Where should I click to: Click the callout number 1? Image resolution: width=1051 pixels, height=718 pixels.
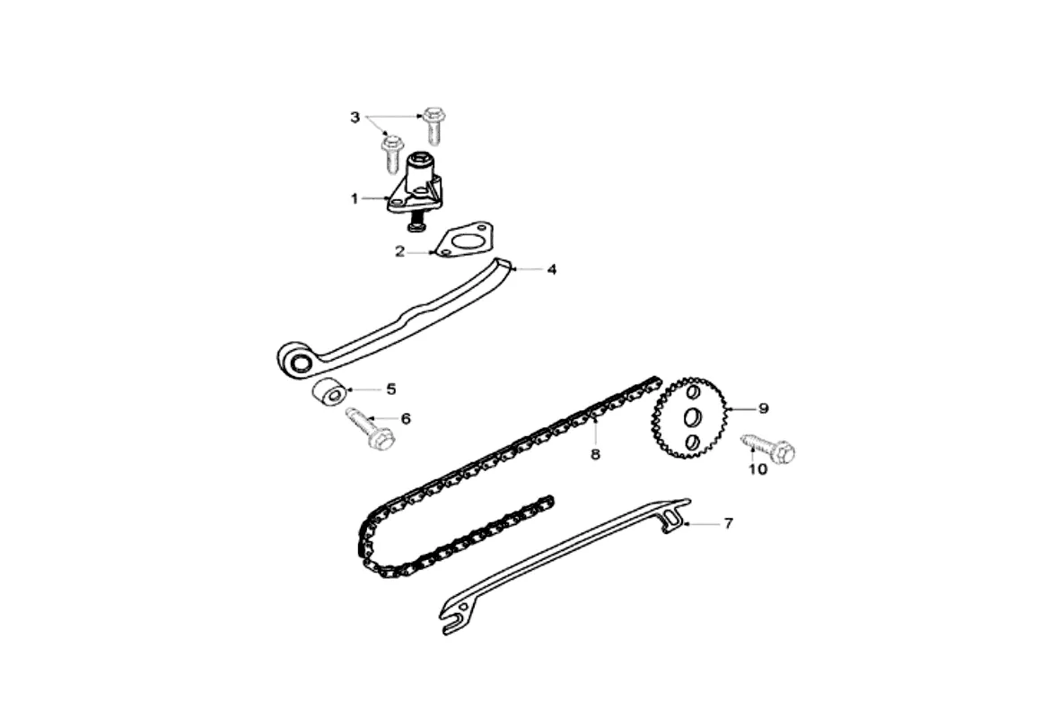[355, 197]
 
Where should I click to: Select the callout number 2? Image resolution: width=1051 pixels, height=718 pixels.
[400, 252]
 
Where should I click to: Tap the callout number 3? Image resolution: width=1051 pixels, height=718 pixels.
[355, 118]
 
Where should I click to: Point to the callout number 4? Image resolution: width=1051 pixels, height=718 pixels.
[552, 269]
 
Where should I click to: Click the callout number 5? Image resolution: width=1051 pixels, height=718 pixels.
[391, 389]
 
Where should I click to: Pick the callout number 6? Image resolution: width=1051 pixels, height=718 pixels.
[406, 418]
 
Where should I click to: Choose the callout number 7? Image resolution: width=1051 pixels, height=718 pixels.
[728, 523]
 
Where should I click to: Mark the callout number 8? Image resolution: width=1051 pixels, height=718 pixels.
[595, 454]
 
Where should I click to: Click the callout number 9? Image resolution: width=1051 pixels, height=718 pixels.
[764, 409]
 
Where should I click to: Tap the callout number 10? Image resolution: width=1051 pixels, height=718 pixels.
[758, 469]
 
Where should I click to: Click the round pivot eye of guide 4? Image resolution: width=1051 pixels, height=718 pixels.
[298, 362]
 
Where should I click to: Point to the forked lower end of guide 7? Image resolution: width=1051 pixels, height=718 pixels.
[453, 617]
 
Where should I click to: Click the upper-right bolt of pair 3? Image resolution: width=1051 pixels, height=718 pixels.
[434, 124]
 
